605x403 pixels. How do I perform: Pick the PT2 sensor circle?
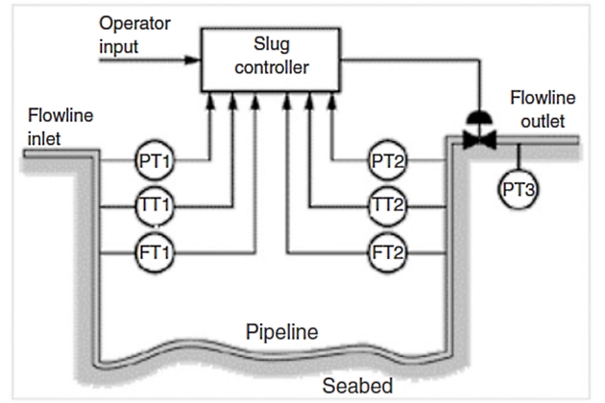389,161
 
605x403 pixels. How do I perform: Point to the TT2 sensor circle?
389,206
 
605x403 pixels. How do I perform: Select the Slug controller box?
269,59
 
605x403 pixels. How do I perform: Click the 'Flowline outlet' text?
543,107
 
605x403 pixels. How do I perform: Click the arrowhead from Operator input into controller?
195,59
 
